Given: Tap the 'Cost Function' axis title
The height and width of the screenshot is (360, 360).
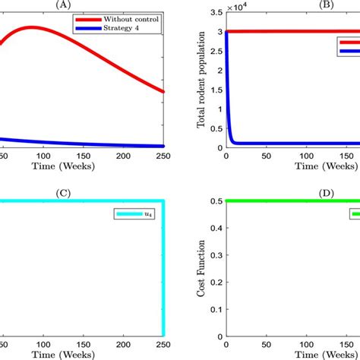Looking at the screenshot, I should pos(202,270).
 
